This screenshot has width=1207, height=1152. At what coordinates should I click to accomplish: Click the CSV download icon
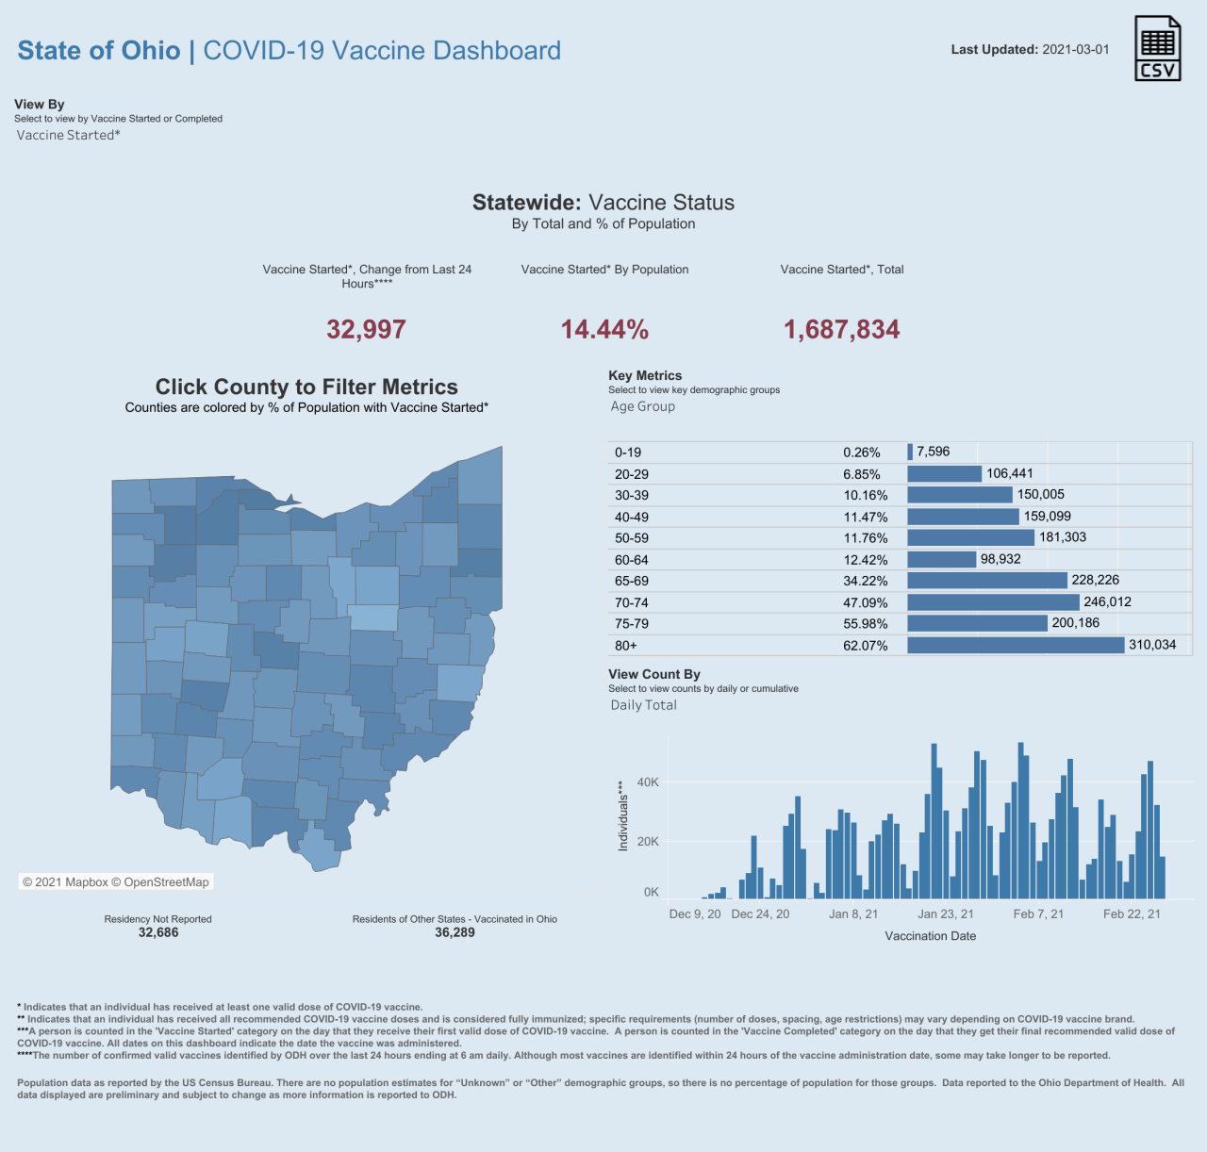(x=1157, y=48)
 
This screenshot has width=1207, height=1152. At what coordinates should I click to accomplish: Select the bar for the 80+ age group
(x=1016, y=646)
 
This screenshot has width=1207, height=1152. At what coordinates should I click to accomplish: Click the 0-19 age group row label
(x=628, y=453)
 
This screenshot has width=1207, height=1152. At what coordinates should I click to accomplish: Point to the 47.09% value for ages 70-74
(x=865, y=603)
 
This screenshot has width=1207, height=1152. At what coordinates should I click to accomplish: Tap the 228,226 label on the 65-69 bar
(x=1095, y=581)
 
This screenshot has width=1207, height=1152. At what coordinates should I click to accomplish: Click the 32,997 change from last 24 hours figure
(x=366, y=330)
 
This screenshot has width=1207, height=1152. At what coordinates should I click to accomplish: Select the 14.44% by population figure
(x=604, y=330)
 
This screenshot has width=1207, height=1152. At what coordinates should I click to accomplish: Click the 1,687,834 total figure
(x=841, y=330)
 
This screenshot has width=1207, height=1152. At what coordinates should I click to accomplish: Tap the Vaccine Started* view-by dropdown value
(x=68, y=136)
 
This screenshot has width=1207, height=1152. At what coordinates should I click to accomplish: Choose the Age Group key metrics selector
(x=642, y=407)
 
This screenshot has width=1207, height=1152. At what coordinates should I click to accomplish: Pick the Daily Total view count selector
(x=643, y=705)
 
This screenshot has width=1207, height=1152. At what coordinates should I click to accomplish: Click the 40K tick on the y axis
(x=648, y=782)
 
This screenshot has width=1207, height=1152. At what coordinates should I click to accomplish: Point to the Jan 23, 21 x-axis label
(x=945, y=914)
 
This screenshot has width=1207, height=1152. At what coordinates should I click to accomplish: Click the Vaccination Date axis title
(x=930, y=936)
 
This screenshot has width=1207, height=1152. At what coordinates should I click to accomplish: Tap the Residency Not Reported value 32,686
(x=158, y=932)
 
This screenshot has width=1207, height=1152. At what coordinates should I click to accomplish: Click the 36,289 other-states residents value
(x=455, y=932)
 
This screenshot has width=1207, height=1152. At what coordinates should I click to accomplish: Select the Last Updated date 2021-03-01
(x=1075, y=50)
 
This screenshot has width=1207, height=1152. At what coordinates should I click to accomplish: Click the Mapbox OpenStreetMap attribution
(x=116, y=882)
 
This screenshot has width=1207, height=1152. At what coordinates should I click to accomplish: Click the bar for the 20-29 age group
(x=944, y=474)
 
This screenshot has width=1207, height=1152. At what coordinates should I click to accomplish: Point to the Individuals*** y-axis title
(x=622, y=816)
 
